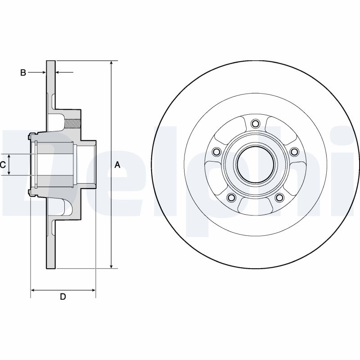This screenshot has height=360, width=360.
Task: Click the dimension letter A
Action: [x=117, y=165]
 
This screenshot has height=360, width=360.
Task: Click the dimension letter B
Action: [x=23, y=72]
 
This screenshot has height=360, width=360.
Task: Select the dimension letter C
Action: [x=3, y=165]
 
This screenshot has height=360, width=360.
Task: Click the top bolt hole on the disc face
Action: [x=256, y=123]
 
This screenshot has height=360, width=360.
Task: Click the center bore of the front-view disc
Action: [x=256, y=165]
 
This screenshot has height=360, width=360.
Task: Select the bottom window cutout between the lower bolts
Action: [x=256, y=206]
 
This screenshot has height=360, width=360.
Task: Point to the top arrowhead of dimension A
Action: [x=112, y=63]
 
